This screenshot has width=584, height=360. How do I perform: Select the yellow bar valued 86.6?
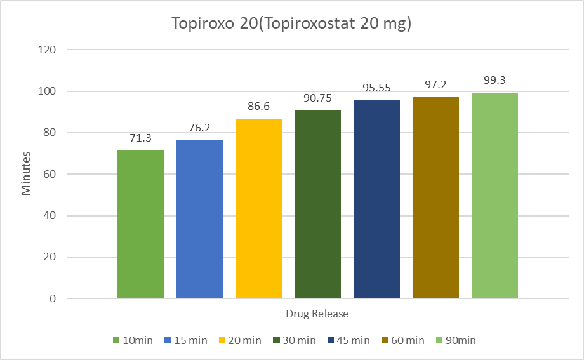(258, 208)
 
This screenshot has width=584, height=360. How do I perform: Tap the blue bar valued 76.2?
(199, 219)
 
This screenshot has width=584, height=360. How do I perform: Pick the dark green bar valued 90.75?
(317, 204)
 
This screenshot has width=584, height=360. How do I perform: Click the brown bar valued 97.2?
(435, 197)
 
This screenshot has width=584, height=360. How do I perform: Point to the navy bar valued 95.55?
(376, 199)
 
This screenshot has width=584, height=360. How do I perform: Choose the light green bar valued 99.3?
(494, 196)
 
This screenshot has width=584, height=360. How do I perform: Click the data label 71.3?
(140, 138)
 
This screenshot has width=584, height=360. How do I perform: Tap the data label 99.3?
(494, 81)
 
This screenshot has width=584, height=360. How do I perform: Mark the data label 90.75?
(317, 98)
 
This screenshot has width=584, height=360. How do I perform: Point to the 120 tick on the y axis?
(47, 50)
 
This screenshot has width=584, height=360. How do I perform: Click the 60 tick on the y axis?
(50, 174)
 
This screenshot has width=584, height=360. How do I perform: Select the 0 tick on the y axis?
(53, 298)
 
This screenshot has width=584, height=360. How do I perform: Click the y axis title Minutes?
(25, 173)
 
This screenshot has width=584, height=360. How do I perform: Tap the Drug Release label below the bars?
(317, 314)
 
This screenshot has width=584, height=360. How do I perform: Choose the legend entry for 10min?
(133, 340)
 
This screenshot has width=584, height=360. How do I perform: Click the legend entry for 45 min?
(348, 340)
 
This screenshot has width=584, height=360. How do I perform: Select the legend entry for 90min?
(456, 340)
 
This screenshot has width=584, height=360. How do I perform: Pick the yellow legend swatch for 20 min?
(222, 340)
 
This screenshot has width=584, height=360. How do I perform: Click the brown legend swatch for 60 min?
(385, 340)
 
